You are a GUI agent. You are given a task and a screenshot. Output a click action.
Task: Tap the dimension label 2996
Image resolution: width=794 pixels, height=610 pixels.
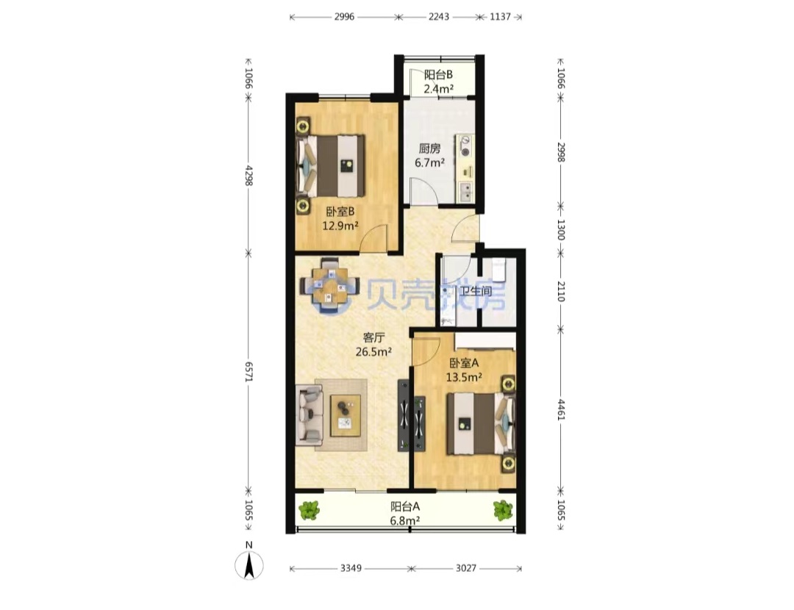[x=344, y=17]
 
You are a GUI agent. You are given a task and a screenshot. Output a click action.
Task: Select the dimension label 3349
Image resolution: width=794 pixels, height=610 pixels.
[x=351, y=568]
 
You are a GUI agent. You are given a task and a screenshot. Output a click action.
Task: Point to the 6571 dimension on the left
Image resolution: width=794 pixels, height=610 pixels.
[x=248, y=371]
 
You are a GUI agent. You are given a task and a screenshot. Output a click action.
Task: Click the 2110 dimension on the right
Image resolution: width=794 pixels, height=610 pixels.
[x=560, y=291]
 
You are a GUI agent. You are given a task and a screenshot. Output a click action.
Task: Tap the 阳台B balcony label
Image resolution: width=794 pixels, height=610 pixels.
[x=438, y=75]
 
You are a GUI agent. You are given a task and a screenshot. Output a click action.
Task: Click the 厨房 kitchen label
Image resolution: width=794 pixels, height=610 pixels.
[x=429, y=149]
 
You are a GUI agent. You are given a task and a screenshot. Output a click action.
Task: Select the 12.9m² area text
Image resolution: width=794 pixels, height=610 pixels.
[x=340, y=226]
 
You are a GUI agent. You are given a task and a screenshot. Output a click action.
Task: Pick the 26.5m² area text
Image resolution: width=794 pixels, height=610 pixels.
[x=373, y=351]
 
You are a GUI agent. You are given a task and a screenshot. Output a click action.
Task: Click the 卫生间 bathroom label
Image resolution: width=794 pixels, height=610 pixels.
[x=476, y=291]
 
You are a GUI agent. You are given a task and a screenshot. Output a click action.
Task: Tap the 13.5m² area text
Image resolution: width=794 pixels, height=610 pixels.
[x=464, y=377]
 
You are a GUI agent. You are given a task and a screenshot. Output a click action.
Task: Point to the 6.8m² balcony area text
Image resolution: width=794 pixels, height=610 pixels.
[x=405, y=520]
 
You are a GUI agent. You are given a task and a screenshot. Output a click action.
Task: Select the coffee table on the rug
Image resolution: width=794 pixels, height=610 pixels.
[x=346, y=415]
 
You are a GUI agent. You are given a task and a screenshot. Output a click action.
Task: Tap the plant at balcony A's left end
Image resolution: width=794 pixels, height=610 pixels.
[x=309, y=510]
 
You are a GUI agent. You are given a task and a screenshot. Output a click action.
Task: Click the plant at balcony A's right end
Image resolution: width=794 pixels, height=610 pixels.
[x=503, y=510]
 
